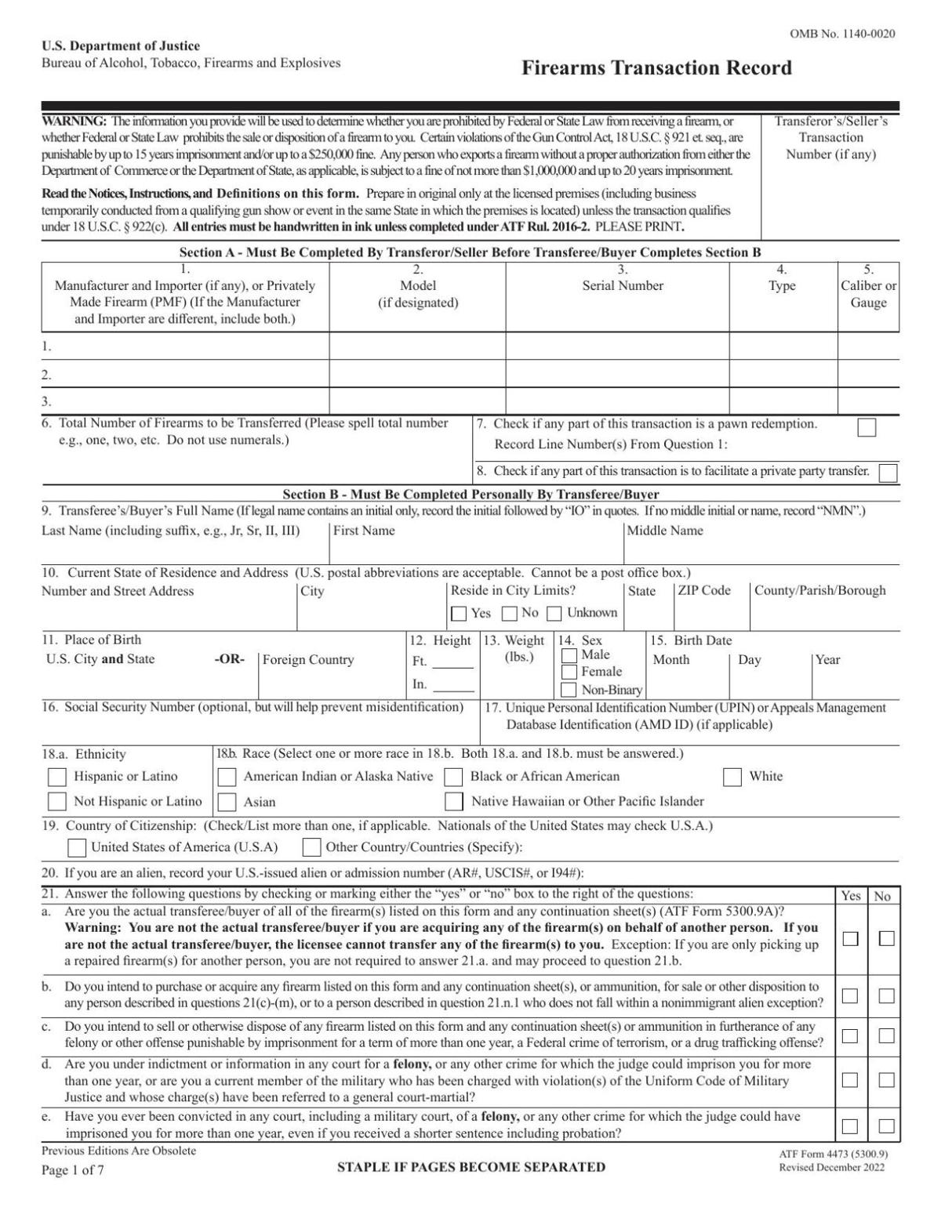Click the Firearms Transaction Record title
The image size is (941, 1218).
click(656, 68)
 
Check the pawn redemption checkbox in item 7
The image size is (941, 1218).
click(867, 427)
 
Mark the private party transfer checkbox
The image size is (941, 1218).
click(888, 473)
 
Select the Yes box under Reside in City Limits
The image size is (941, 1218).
click(459, 614)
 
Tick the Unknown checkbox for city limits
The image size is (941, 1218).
click(554, 614)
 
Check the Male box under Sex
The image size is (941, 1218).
click(569, 655)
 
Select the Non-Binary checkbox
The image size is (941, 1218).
click(569, 690)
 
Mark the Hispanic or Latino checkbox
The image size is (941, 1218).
click(57, 777)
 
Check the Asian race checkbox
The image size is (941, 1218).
click(227, 802)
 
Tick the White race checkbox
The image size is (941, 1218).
click(732, 777)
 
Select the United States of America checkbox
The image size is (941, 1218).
click(77, 847)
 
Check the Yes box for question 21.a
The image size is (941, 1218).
click(850, 938)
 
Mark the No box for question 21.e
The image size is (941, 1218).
click(886, 1126)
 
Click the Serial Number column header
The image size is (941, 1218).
click(622, 286)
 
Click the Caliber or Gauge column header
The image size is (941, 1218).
click(868, 294)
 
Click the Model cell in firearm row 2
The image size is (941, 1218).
click(417, 374)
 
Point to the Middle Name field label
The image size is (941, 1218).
click(665, 531)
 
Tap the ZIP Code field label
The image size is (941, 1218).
click(703, 591)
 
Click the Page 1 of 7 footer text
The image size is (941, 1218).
click(72, 1171)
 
